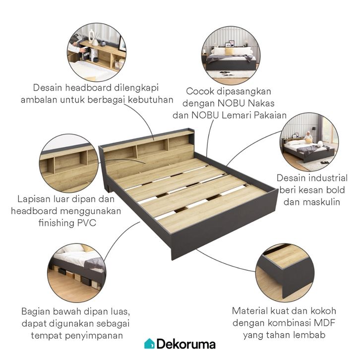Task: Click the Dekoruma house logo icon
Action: click(149, 343)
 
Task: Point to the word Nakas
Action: click(272, 103)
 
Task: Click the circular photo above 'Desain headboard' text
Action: click(97, 52)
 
